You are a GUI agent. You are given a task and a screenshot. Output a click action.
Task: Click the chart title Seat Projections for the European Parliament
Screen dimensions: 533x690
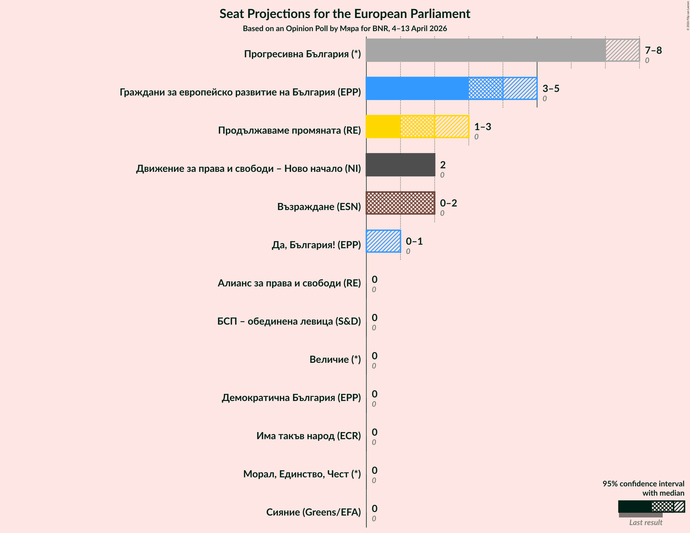tap(345, 14)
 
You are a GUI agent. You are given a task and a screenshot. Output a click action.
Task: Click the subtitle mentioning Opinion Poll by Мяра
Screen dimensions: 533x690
tap(345, 28)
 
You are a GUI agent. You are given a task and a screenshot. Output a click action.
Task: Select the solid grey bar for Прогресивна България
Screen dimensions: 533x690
tap(485, 50)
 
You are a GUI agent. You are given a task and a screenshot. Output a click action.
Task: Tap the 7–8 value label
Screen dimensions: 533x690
tap(653, 50)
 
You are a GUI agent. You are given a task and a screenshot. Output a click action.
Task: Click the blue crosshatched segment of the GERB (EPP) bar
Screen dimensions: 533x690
tap(486, 88)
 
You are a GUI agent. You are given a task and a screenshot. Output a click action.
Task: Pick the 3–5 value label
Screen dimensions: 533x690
tap(551, 88)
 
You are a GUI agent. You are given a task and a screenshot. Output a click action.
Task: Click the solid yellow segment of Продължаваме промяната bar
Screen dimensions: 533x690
tap(383, 127)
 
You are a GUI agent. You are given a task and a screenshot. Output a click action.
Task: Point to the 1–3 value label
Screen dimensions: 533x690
tap(482, 127)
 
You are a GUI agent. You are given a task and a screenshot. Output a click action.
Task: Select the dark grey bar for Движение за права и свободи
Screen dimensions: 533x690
tap(400, 165)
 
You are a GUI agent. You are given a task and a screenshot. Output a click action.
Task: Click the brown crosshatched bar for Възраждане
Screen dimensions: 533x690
tap(400, 203)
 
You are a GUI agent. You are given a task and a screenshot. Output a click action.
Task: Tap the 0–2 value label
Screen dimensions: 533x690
tap(448, 203)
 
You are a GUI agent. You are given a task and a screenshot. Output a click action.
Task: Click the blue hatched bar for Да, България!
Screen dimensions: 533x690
tap(383, 241)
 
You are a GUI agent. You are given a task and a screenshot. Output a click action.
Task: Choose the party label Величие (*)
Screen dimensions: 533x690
tap(335, 359)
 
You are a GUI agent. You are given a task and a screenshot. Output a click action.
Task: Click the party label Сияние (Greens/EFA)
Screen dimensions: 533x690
tap(313, 512)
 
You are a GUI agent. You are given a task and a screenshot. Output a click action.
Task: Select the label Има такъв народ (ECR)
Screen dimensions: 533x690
tap(308, 436)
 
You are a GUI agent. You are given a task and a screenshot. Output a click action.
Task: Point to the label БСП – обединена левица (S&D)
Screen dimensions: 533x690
tap(289, 321)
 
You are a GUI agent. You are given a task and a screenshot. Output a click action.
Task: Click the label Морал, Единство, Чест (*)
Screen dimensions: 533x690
tap(302, 474)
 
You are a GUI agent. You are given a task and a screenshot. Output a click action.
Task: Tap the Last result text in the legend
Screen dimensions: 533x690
tap(645, 522)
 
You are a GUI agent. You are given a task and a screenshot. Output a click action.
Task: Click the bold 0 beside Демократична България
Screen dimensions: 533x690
tap(375, 394)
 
